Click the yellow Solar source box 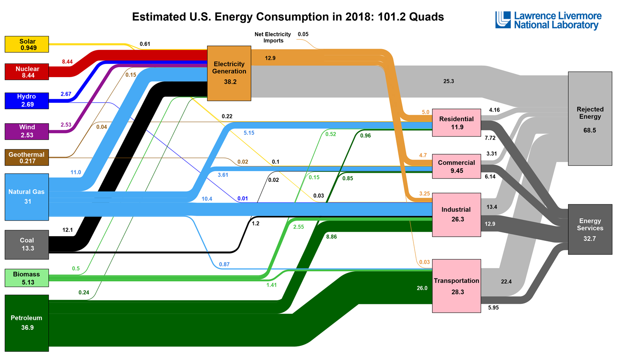click(27, 45)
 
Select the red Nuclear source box click(27, 72)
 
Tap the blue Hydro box click(27, 101)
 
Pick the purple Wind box click(27, 131)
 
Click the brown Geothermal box click(27, 158)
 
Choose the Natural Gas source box click(27, 197)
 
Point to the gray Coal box click(27, 245)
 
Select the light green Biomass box click(27, 278)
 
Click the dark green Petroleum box click(27, 323)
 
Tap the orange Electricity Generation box click(229, 73)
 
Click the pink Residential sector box click(456, 122)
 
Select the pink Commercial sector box click(456, 166)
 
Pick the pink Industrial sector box click(456, 214)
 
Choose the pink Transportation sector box click(456, 286)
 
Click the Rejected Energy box click(590, 119)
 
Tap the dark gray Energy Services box click(590, 229)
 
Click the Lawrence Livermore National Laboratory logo click(548, 20)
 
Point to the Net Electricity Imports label click(272, 38)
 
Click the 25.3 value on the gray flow click(449, 81)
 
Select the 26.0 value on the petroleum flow click(422, 288)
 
